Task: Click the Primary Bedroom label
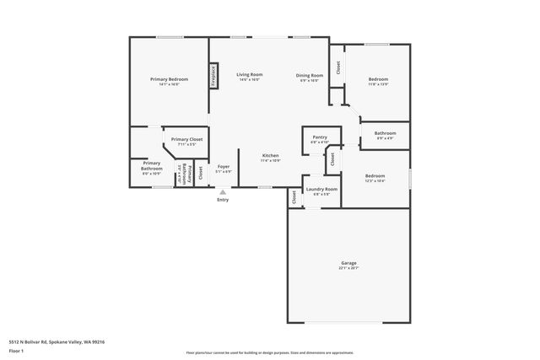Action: [169, 79]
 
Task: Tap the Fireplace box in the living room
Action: [213, 76]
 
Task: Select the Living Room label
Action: [250, 74]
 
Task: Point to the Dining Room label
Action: [310, 75]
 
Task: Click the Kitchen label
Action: [270, 155]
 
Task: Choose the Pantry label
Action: [319, 137]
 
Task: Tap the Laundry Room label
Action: [321, 189]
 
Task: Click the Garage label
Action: [348, 263]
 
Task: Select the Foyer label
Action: [224, 166]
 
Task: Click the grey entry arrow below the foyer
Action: [223, 191]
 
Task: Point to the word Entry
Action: [223, 200]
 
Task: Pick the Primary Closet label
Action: [186, 139]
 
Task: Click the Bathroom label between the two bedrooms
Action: [386, 132]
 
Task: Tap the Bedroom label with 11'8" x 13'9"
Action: [377, 79]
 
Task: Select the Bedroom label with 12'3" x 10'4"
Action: [375, 176]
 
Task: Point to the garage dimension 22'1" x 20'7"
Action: [348, 268]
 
